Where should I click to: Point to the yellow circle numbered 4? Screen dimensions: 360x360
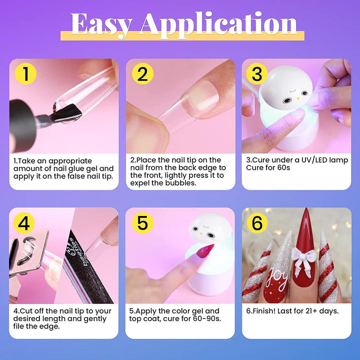(24, 222)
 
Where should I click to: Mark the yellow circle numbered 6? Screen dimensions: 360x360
(257, 222)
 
